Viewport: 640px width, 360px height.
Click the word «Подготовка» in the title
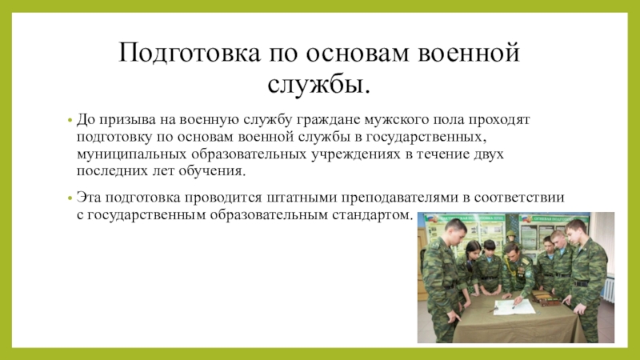click(189, 53)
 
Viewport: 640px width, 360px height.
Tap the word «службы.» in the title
click(319, 84)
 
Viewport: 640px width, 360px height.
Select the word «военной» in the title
click(469, 53)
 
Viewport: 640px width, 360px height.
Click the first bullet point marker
click(70, 121)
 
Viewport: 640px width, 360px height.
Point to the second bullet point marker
click(70, 198)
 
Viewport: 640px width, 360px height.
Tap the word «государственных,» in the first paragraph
click(426, 137)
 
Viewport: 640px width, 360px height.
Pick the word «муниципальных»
click(132, 154)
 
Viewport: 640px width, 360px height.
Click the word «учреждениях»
click(356, 154)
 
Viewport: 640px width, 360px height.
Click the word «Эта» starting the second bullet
click(89, 198)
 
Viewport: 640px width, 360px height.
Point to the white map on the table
click(514, 306)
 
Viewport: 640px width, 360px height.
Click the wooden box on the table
click(543, 297)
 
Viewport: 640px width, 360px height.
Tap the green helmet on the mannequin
click(510, 235)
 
